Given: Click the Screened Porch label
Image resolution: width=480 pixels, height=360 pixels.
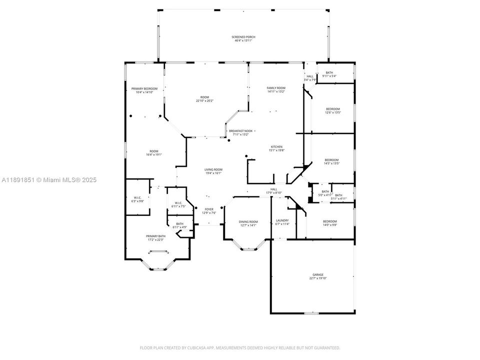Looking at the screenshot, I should pos(242,39).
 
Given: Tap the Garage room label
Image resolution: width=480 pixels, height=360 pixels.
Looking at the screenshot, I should pos(318,276).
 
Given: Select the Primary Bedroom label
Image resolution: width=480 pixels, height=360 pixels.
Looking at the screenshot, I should pos(144,90).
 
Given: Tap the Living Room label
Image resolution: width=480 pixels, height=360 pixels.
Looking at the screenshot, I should pos(213,171).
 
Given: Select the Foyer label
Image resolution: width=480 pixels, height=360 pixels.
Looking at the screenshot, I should pos(208,211).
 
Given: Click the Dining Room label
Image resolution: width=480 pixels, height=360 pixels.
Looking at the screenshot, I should pos(248,223).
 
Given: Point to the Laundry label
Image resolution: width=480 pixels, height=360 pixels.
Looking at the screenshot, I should pos(282,222).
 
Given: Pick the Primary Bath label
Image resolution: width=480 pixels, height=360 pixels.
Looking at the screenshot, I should pos(155,237).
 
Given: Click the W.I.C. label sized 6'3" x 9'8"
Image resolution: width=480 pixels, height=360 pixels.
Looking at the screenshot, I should pos(137,199).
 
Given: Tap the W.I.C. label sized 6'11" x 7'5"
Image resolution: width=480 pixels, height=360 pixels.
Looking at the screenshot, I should pos(178,204).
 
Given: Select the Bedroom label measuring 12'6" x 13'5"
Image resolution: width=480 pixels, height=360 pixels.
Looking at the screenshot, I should pos(332,110).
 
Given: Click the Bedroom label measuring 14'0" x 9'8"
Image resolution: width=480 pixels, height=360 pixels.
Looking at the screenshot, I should pos(329,223).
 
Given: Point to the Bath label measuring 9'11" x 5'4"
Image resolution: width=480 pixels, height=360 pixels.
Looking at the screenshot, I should pos(329,74).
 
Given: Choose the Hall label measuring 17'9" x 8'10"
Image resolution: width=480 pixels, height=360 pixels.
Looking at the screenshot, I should pos(273,190).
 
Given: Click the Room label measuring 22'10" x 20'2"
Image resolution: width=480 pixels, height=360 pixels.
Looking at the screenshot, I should pos(204,99).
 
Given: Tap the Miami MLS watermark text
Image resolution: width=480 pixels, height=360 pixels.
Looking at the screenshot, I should pos(49,180).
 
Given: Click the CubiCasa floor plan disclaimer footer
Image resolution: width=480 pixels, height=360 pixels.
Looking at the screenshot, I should pos(239,347).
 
